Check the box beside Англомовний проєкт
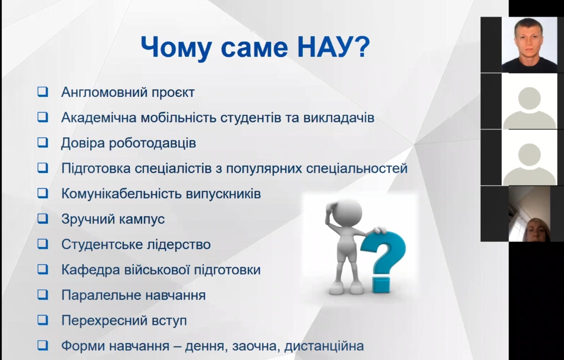click(43, 92)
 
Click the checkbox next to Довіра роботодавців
click(43, 143)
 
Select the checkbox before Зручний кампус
click(43, 219)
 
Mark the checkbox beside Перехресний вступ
click(43, 320)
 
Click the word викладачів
click(339, 118)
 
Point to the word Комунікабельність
click(121, 194)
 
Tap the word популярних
click(264, 168)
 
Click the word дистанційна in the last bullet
click(324, 346)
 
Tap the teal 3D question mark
click(383, 262)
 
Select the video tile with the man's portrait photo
click(529, 45)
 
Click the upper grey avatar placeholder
click(529, 101)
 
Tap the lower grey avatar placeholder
click(529, 158)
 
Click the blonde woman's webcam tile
click(529, 214)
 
